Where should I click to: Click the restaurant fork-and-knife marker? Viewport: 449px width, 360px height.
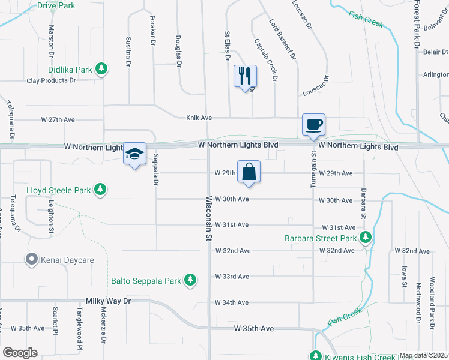pos(245,76)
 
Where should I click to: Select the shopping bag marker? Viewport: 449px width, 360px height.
pos(249,172)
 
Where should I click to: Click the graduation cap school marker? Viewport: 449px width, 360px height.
pos(135,154)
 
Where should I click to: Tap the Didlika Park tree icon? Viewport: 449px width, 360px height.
pos(102,69)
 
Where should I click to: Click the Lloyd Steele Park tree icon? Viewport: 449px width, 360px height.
pos(101,190)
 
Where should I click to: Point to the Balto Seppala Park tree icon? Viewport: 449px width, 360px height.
pos(190,280)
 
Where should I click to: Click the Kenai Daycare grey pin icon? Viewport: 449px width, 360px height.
pos(31,260)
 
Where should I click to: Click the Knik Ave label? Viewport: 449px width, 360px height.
pos(199,118)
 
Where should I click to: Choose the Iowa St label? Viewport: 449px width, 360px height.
pos(403,273)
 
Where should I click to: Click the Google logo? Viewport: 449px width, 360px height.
pos(20,353)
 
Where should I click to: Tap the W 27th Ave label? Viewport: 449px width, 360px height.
pos(58,120)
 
